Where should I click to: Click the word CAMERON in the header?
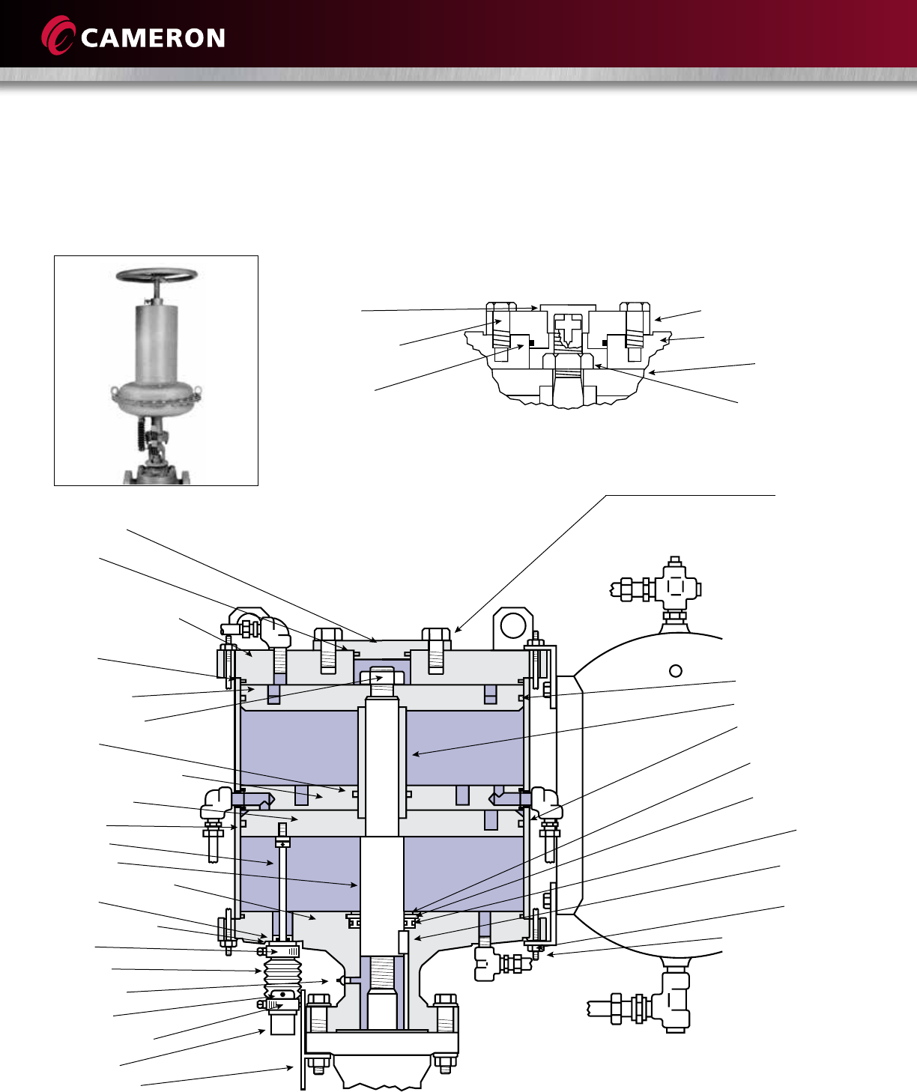(153, 38)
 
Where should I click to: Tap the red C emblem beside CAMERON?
(58, 36)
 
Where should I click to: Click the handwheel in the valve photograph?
(156, 276)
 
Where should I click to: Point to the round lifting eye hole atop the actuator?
(512, 625)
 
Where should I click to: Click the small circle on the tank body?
(675, 670)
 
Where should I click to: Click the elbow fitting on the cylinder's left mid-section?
(215, 804)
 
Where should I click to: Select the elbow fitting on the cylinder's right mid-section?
(547, 802)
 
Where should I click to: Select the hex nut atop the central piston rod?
(382, 677)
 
